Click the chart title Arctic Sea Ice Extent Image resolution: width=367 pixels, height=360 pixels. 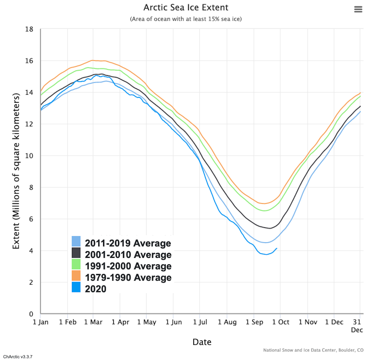(186, 7)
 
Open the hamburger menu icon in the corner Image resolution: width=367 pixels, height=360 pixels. (358, 9)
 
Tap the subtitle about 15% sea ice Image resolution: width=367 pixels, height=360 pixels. (186, 19)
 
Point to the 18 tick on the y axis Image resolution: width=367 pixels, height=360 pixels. (29, 29)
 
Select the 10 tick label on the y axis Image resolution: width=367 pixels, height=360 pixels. (29, 156)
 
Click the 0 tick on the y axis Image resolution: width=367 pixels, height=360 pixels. (31, 314)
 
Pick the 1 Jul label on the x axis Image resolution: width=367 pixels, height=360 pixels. (200, 322)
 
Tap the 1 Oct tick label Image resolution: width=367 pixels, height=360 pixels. (280, 322)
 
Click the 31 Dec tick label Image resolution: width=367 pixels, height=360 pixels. (357, 326)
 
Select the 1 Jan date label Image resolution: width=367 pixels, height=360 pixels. (40, 322)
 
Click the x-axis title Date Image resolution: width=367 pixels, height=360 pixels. (202, 342)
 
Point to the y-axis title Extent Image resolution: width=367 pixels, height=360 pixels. (16, 171)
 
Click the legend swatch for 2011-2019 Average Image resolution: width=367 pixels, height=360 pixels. (76, 241)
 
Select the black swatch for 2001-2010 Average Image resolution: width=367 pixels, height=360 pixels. (76, 253)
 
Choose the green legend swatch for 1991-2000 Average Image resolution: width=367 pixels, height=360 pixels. (76, 264)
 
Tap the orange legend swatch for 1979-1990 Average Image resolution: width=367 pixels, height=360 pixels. (76, 276)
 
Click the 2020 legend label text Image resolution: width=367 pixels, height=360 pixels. (95, 289)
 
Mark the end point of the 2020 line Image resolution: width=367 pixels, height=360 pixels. (277, 248)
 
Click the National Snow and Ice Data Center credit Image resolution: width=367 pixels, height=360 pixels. (313, 350)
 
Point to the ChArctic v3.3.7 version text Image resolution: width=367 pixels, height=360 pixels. (18, 357)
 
